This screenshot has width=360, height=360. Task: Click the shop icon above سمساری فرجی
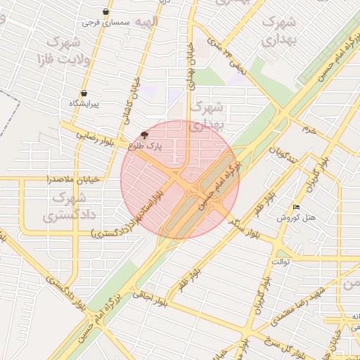click(105, 12)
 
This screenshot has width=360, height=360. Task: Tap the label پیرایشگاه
click(84, 103)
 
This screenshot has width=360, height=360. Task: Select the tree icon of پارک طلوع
click(144, 134)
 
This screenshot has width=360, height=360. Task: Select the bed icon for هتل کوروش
click(296, 207)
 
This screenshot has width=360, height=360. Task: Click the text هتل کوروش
click(302, 218)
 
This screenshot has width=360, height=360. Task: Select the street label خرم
click(309, 129)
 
